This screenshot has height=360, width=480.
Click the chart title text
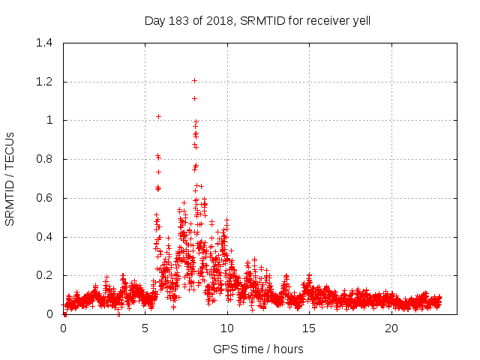point(257,21)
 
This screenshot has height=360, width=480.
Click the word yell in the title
point(359,21)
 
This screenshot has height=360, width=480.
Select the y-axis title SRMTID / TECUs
point(10,178)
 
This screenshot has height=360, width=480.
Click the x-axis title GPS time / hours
point(258,349)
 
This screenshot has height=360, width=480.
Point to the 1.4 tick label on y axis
point(44,43)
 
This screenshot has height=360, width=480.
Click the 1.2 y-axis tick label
point(44,82)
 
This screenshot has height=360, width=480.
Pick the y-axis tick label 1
point(49,120)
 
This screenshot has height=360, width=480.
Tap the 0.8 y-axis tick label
point(44,159)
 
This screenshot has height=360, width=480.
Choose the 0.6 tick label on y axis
point(44,198)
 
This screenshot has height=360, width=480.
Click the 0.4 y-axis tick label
point(44,237)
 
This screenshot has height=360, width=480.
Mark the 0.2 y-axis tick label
point(44,276)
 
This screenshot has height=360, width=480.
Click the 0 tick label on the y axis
point(49,314)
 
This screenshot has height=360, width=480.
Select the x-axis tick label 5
point(145,328)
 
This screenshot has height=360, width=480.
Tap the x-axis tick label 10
point(227,328)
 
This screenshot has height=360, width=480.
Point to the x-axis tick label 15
point(309,328)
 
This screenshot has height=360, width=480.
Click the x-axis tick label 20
point(391,328)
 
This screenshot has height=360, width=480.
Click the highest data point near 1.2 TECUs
point(194,80)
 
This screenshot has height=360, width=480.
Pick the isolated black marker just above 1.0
point(158,116)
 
